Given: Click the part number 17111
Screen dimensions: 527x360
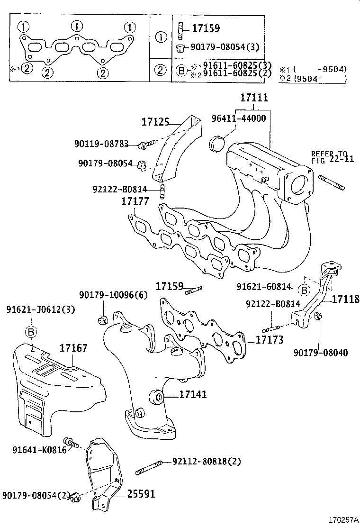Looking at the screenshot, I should [254, 98].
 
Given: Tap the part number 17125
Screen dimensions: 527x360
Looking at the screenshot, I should [155, 122].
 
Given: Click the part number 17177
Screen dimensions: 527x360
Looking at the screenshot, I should [135, 201].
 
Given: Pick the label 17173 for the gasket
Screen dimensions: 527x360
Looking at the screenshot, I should [270, 340].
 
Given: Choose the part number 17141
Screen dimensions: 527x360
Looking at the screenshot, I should [193, 394].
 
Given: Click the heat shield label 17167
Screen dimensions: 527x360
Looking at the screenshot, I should [73, 349].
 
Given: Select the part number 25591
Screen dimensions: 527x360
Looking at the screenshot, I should [141, 494].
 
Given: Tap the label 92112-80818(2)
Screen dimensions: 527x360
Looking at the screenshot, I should [207, 461].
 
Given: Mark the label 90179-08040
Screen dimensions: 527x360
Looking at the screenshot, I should [320, 353].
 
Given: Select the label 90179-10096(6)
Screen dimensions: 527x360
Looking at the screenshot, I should [114, 295].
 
